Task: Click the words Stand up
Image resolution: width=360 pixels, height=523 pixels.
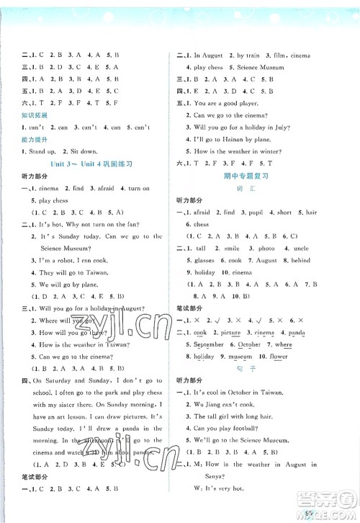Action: click(x=37, y=153)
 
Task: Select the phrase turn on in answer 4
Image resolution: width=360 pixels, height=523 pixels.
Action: click(x=135, y=189)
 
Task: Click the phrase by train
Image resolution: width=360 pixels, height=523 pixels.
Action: click(x=253, y=55)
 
